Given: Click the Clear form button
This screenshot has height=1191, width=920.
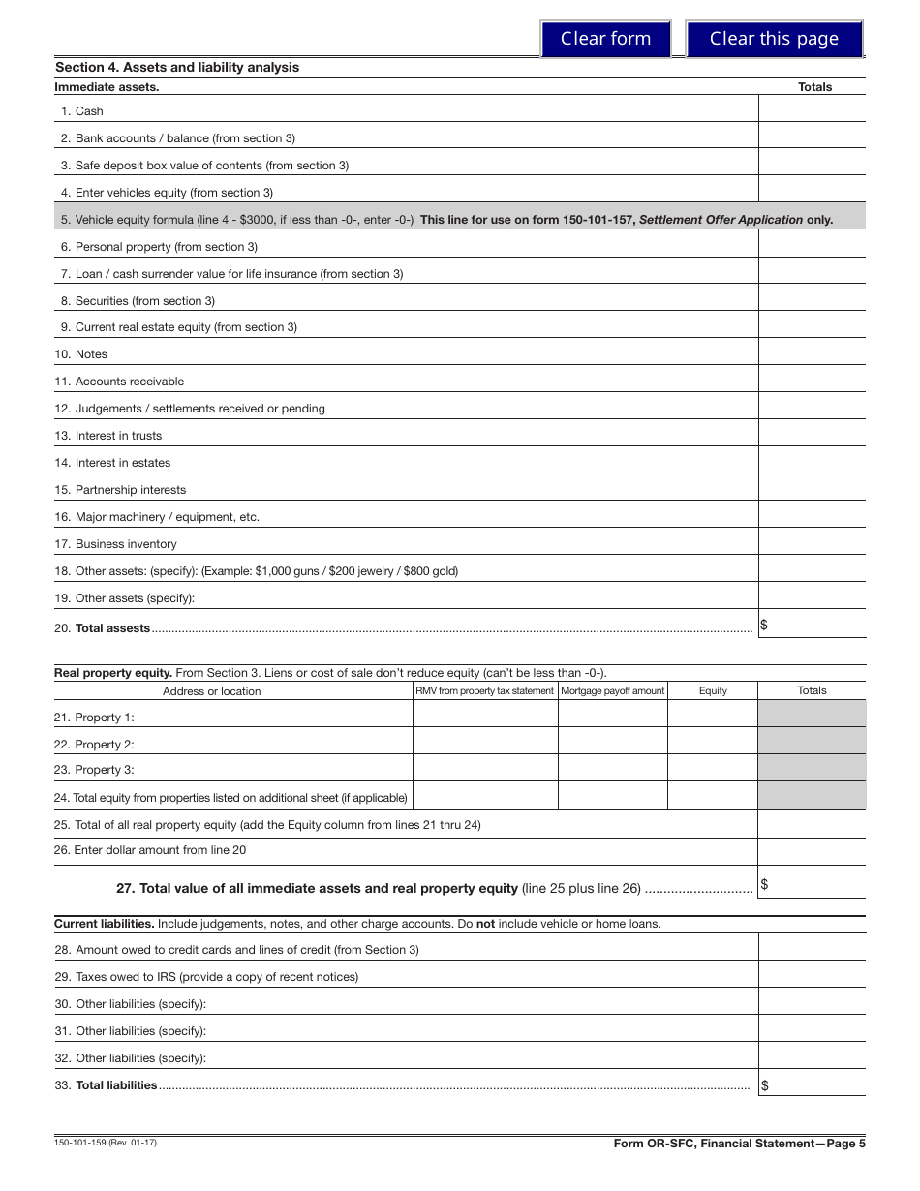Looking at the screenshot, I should (605, 39).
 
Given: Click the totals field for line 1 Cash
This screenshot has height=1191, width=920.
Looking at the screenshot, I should (812, 109).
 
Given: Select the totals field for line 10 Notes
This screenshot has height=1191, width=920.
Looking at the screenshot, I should (812, 352).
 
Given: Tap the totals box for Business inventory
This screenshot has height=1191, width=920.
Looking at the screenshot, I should (812, 542).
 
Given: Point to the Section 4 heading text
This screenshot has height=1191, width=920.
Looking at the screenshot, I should (177, 67).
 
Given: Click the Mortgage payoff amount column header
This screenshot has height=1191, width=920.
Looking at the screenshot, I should (613, 690).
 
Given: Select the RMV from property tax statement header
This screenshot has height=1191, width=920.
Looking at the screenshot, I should (485, 690).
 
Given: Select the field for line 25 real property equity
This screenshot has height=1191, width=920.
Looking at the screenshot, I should (812, 824).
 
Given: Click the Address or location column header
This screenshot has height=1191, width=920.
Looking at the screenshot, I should (211, 691).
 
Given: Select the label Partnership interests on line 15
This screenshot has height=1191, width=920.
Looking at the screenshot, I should (130, 490).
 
